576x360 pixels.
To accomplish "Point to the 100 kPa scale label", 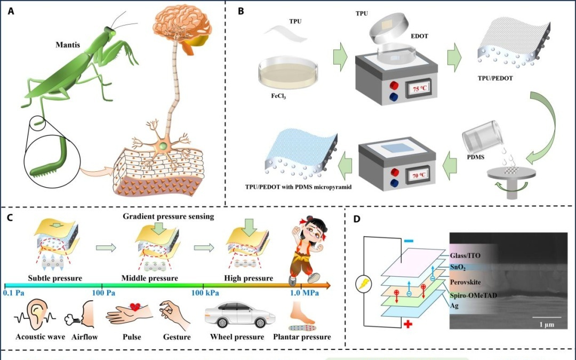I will [x=205, y=293].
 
